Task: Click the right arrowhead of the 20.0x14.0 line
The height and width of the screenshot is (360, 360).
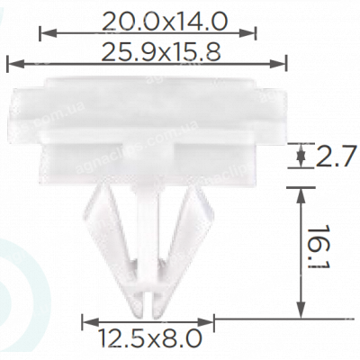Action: point(253,33)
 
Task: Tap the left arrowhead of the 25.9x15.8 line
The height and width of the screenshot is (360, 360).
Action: point(11,63)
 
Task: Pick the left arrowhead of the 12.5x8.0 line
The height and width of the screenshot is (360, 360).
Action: point(86,321)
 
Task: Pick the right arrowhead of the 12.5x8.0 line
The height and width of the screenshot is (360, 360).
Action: point(213,321)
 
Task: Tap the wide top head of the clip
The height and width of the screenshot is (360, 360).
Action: point(144,103)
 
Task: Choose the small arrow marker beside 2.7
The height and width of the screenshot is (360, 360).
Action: point(300,158)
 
